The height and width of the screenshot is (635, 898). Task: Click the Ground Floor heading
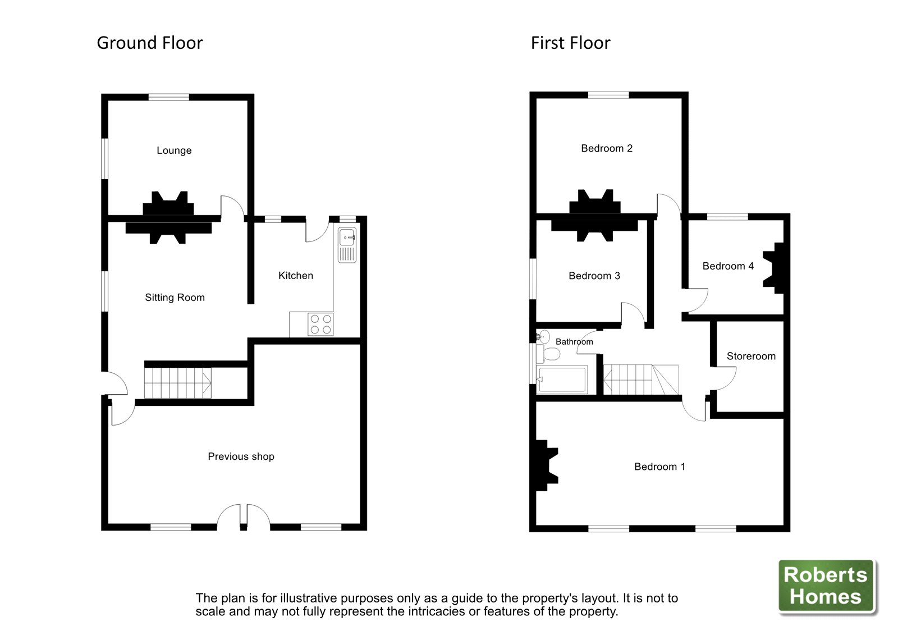(149, 43)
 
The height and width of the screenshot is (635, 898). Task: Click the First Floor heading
(570, 43)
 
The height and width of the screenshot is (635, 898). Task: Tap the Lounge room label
(174, 150)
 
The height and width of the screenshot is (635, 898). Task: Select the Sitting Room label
(175, 298)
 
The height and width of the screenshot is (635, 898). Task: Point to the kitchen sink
(347, 245)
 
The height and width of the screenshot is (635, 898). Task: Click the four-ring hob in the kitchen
(320, 325)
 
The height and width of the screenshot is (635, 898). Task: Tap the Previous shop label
(241, 456)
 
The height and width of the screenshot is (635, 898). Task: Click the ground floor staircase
(177, 383)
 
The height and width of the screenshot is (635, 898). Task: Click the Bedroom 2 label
(606, 148)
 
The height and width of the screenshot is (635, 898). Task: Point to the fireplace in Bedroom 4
(776, 268)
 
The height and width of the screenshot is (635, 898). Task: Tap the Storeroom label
(751, 356)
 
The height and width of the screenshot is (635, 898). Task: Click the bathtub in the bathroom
(562, 379)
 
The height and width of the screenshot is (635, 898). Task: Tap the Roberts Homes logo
(826, 586)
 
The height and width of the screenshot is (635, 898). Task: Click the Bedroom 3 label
(594, 276)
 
